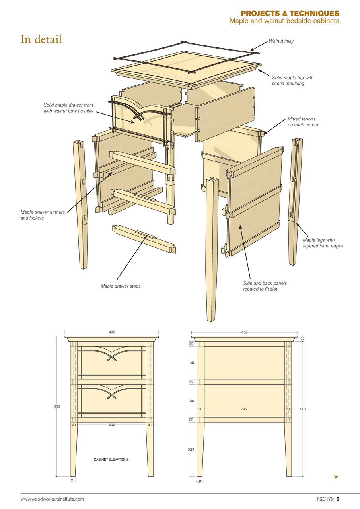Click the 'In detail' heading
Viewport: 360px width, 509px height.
tap(41, 39)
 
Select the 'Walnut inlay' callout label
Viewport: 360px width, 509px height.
tap(281, 41)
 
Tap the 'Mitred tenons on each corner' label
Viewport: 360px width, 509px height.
tap(303, 122)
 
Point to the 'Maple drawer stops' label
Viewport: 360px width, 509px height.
tap(121, 286)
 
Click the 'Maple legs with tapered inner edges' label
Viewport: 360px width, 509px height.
tap(323, 243)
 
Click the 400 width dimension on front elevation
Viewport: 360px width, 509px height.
tap(112, 332)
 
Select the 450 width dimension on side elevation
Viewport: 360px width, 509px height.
tap(244, 332)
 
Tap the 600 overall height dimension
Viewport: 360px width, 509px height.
tap(57, 406)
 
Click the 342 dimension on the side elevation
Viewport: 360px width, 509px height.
tap(244, 409)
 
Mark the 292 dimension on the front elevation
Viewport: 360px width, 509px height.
tap(112, 425)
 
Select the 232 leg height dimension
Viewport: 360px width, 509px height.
tap(191, 449)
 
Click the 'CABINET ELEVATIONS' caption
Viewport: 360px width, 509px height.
tap(111, 460)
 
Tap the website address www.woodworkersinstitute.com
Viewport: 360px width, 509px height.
tap(53, 499)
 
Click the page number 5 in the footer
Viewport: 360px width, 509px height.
tap(338, 499)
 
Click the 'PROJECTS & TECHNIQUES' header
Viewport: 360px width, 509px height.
tap(290, 14)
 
